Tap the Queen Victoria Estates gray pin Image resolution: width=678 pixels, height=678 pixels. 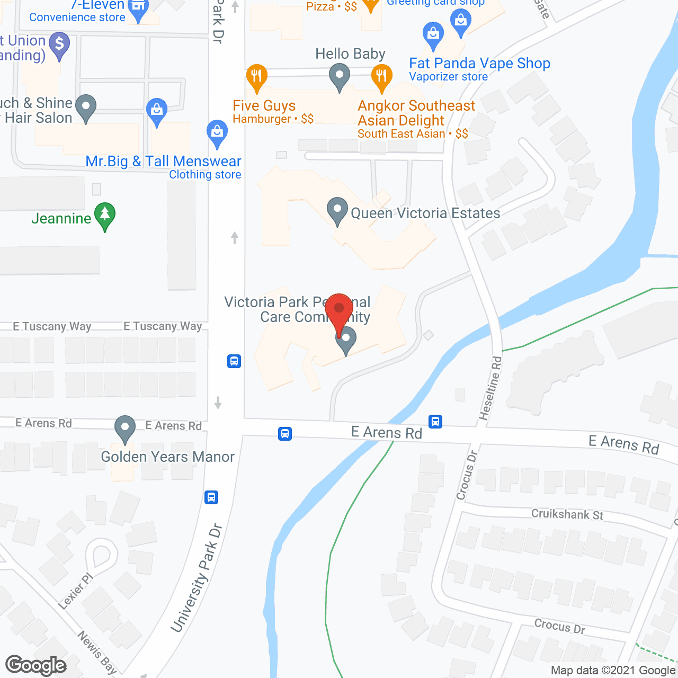[337, 210]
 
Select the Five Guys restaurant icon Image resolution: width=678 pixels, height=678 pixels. [256, 78]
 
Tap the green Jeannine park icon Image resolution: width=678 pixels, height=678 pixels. [105, 216]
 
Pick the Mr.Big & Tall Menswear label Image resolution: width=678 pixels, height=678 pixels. [163, 162]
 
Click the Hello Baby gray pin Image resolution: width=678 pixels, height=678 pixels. [340, 76]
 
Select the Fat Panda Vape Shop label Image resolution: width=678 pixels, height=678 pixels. [479, 64]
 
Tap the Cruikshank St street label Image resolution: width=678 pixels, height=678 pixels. [567, 514]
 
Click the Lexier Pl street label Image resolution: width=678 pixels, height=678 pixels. [75, 591]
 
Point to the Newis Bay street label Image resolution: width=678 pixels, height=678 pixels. [97, 652]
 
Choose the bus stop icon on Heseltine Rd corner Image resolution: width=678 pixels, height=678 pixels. [435, 421]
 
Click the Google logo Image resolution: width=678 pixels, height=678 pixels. [36, 665]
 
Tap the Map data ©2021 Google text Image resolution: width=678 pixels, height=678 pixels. [613, 671]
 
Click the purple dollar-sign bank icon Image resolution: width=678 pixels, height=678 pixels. [59, 44]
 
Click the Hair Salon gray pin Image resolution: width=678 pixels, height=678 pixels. [86, 108]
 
